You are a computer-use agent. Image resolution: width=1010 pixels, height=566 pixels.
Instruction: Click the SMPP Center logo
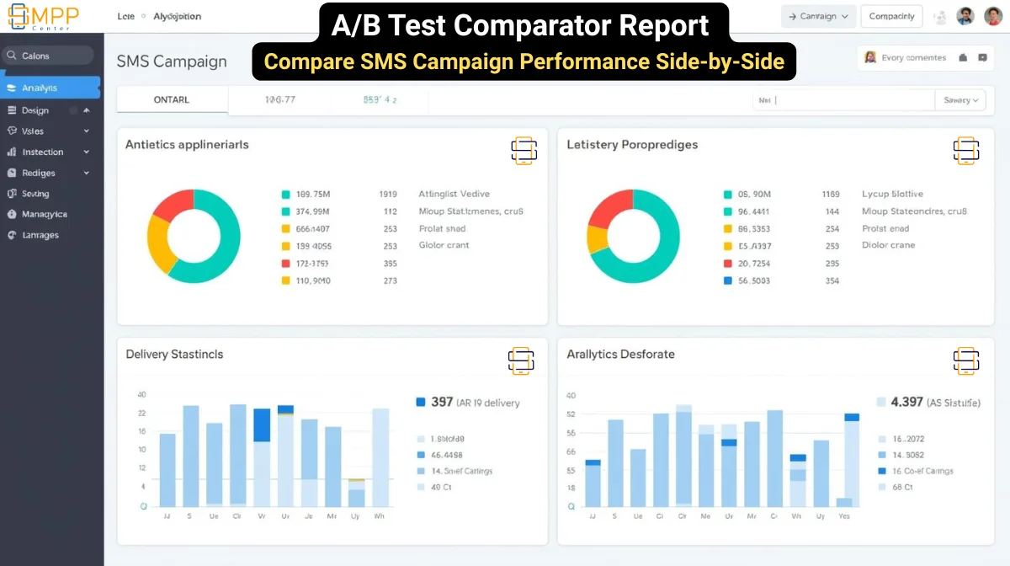click(x=44, y=16)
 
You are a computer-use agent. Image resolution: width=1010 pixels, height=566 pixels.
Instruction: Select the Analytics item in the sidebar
click(x=40, y=88)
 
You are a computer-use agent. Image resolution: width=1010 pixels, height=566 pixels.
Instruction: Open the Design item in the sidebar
click(x=35, y=110)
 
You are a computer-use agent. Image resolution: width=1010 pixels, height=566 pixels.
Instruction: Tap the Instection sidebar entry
click(x=43, y=152)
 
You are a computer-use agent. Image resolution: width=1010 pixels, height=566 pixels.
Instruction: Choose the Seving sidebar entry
click(x=35, y=194)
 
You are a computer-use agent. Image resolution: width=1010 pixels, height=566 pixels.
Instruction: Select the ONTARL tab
click(x=172, y=100)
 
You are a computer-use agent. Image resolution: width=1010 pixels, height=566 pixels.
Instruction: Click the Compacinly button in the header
click(x=891, y=16)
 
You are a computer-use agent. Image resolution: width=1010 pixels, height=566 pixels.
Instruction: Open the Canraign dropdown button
click(x=818, y=16)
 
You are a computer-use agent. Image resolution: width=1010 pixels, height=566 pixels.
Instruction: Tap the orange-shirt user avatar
click(x=993, y=16)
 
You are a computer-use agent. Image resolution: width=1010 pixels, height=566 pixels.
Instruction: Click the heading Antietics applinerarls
click(x=187, y=145)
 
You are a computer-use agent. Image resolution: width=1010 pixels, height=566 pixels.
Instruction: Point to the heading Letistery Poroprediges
click(x=632, y=145)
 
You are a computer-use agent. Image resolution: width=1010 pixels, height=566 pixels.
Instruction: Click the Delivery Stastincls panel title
click(x=174, y=355)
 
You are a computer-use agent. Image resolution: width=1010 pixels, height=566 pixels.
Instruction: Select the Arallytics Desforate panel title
click(x=620, y=355)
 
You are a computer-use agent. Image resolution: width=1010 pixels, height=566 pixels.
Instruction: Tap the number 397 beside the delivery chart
click(x=442, y=403)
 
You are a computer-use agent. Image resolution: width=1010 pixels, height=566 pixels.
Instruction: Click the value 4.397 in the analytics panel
click(x=906, y=403)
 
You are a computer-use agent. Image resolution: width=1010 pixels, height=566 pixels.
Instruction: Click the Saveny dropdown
click(x=960, y=100)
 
